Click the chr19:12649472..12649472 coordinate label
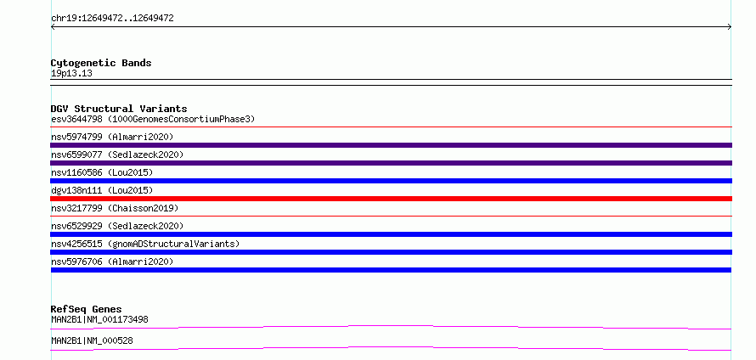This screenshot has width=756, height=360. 112,19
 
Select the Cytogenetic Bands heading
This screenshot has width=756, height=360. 101,63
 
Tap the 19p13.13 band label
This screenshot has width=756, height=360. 71,74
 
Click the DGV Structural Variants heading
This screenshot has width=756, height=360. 119,109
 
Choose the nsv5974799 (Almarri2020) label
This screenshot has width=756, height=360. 112,137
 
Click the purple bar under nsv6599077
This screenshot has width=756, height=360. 392,163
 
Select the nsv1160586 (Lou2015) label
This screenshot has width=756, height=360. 102,172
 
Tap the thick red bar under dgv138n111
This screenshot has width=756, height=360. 392,199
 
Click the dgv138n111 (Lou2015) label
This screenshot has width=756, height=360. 102,190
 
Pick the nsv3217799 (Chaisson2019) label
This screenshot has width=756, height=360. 115,208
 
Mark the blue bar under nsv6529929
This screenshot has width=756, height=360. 392,234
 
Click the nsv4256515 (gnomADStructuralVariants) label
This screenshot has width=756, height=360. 145,244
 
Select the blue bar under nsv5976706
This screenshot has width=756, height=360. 391,270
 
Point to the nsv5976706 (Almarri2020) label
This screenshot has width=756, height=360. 112,262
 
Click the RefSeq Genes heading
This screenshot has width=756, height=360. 87,309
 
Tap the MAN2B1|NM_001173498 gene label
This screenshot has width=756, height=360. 99,319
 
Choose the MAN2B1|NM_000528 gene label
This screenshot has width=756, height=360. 92,340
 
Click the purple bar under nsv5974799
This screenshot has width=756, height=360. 392,145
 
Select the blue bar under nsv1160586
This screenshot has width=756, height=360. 392,181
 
